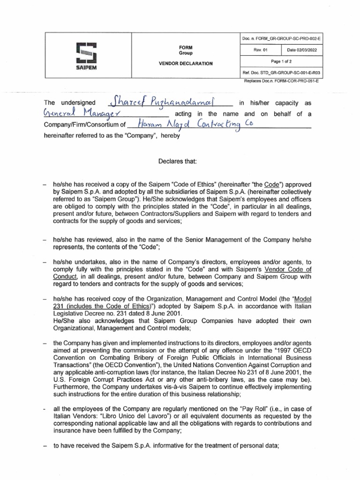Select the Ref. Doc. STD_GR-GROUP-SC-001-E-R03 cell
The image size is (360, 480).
pyautogui.click(x=282, y=74)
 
